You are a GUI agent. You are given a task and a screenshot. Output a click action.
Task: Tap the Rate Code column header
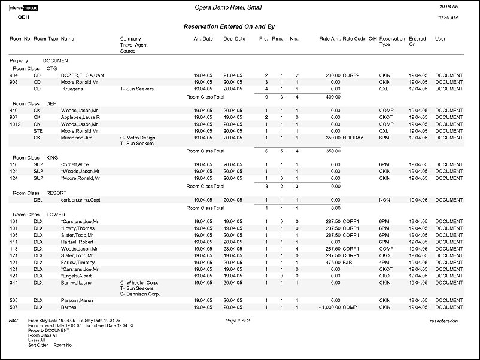pyautogui.click(x=354, y=39)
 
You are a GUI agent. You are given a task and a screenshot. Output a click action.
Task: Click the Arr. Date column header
pyautogui.click(x=203, y=39)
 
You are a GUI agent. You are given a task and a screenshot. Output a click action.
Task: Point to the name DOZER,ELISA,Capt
pyautogui.click(x=83, y=75)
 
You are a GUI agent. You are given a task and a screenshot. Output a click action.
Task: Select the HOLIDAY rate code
pyautogui.click(x=353, y=138)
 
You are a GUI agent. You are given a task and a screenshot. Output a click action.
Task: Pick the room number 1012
pyautogui.click(x=16, y=124)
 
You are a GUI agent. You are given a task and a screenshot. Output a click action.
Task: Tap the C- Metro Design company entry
pyautogui.click(x=138, y=138)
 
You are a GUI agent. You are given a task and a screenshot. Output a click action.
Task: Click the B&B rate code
pyautogui.click(x=349, y=262)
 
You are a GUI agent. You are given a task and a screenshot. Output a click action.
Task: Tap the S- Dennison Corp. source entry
pyautogui.click(x=140, y=294)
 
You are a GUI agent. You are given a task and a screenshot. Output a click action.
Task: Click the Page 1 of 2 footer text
pyautogui.click(x=238, y=321)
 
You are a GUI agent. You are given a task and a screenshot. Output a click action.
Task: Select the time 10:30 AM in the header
pyautogui.click(x=448, y=18)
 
